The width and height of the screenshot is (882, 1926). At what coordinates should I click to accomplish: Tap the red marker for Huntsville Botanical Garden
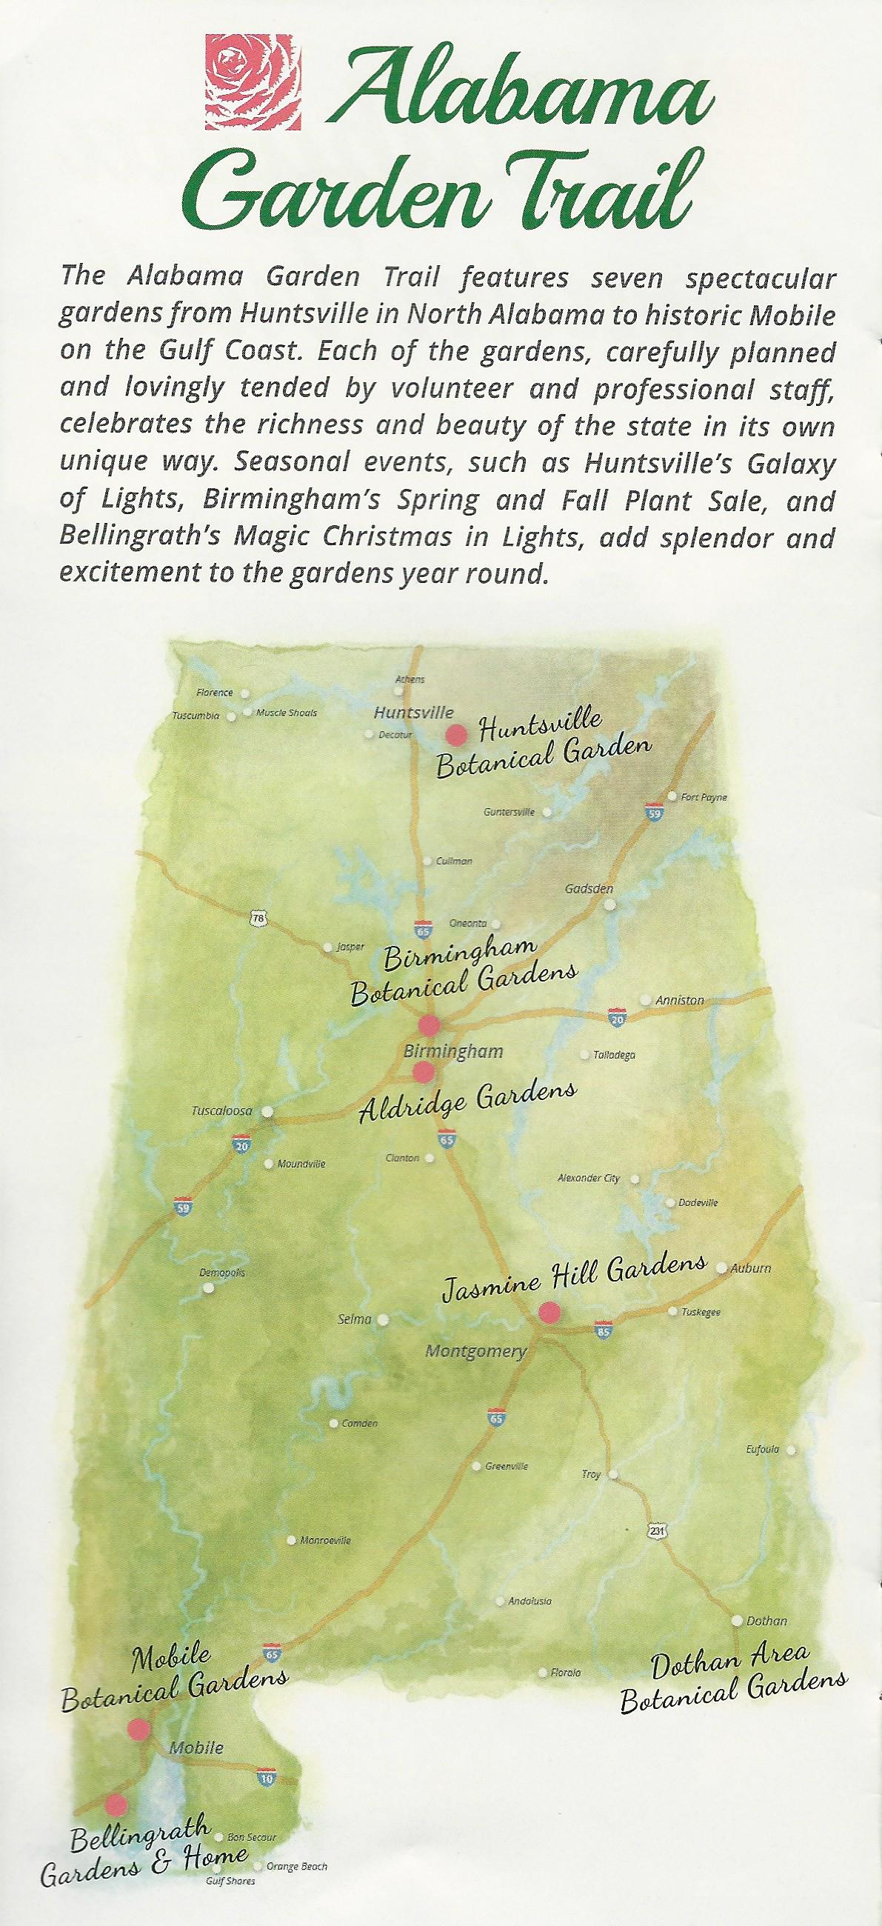[456, 734]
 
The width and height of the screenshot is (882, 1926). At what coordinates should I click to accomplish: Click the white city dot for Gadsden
[611, 904]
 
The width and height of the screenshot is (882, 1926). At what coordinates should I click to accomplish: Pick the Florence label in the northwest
[215, 693]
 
